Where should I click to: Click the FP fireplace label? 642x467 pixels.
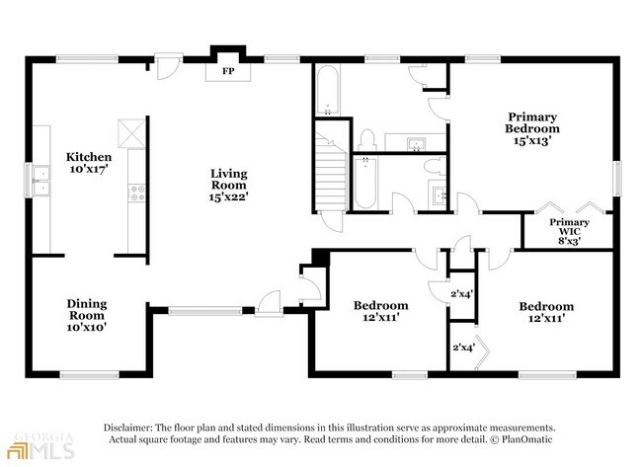pos(228,71)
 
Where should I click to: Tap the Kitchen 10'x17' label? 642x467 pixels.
pos(89,163)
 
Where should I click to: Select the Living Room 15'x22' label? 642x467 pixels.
pos(229,185)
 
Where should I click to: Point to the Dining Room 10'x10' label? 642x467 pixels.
pos(87,315)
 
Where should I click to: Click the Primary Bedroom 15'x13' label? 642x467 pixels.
pos(531,128)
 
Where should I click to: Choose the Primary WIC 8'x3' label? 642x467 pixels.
pos(569,231)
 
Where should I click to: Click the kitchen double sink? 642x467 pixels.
pos(41,181)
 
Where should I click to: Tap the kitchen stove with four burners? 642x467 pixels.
pos(136,194)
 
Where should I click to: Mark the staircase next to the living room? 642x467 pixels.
pos(330,173)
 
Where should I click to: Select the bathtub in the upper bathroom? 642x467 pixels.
pos(327,90)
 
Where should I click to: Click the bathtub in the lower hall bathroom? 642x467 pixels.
pos(365,182)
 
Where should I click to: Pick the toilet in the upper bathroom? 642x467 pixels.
pos(367,140)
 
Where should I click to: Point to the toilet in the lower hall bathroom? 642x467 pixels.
pos(435,168)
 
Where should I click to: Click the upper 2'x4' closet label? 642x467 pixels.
pos(462,293)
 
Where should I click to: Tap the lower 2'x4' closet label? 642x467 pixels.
pos(464,348)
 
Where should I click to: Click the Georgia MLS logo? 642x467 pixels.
pos(40,445)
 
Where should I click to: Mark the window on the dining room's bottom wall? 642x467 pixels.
pos(89,374)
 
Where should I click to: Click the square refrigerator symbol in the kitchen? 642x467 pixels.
pos(131,133)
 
